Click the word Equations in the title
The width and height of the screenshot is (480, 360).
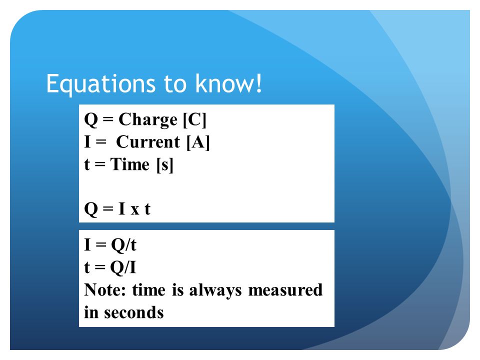coord(101,84)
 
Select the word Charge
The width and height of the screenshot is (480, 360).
coord(148,120)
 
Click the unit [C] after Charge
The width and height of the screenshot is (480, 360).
coord(194,119)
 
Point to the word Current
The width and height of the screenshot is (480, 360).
coord(148,142)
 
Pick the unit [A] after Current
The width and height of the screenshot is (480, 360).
coord(198,142)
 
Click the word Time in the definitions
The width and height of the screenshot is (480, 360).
coord(130,164)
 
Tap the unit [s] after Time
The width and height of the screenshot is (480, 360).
coord(164,165)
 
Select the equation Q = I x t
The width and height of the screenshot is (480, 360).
coord(117,209)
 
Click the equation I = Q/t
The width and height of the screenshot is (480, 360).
coord(110,245)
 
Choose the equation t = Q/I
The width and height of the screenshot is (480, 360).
coord(110,267)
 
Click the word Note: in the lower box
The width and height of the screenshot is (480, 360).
coord(105,290)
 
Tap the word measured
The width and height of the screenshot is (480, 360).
coord(285,290)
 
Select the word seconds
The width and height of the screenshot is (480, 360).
coord(134,312)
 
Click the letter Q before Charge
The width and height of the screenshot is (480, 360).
coord(91,119)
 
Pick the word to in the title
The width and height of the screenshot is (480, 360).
coord(175,84)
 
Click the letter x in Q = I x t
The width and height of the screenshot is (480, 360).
coord(134,210)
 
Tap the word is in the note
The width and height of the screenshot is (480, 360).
coord(178,290)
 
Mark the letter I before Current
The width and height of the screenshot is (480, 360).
coord(87,142)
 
